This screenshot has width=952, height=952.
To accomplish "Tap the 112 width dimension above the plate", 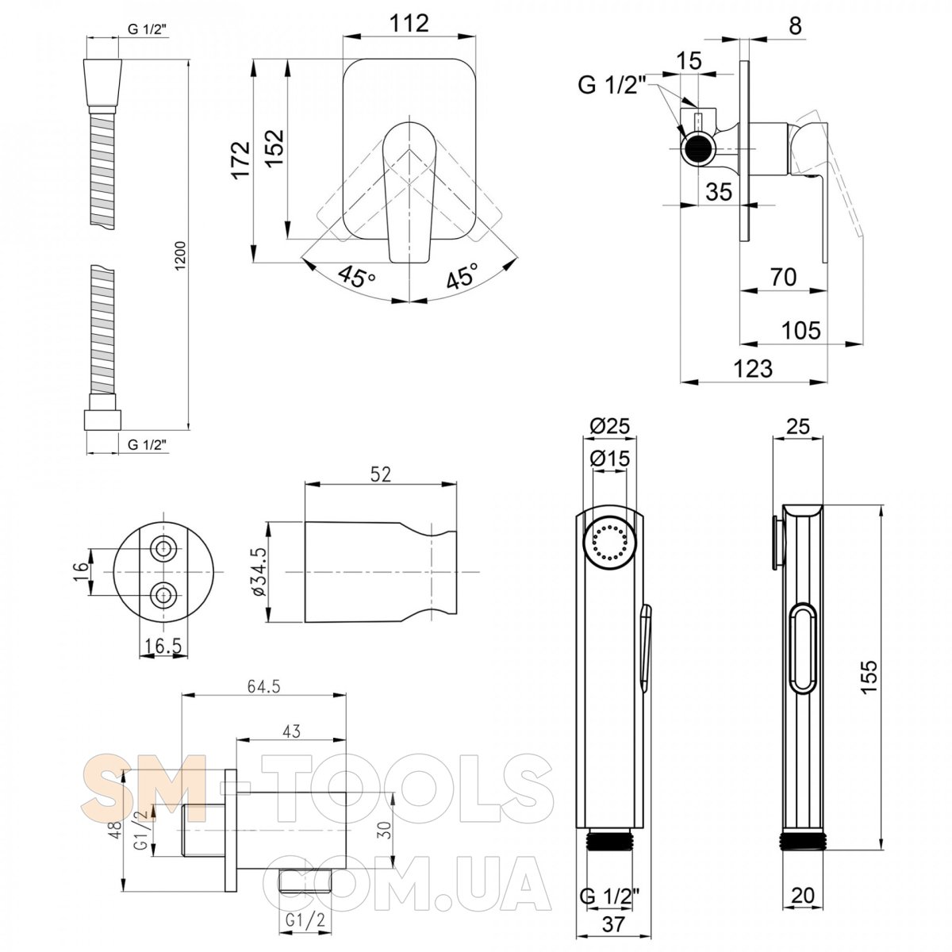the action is point(409,23).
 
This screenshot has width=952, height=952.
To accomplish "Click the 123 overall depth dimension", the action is point(753,369).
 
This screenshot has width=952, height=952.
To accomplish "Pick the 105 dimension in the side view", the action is point(801,330).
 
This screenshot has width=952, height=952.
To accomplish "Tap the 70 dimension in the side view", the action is point(784,277).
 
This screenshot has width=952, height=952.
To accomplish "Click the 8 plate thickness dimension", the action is point(795,25).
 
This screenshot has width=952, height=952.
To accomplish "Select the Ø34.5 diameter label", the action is point(259,571).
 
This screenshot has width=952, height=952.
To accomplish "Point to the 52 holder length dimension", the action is point(381,474).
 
